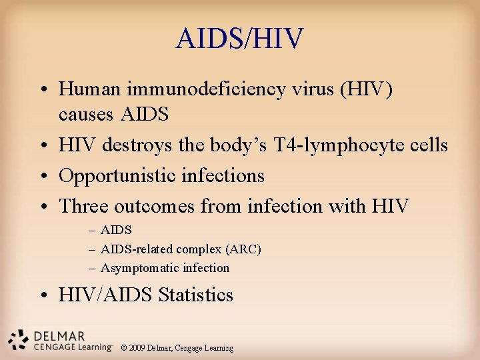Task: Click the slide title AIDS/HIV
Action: point(239,39)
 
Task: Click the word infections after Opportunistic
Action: point(223,176)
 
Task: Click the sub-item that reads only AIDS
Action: point(116,231)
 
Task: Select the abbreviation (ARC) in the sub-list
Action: point(243,249)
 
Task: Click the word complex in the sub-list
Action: point(200,249)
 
